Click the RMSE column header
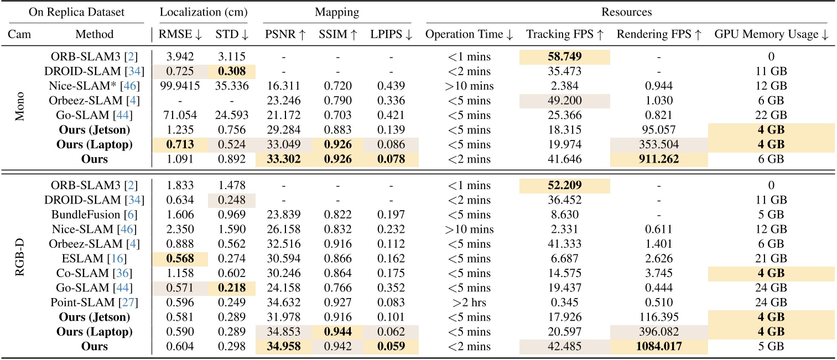[x=179, y=34]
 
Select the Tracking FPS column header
[x=564, y=34]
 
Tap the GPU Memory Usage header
[x=771, y=34]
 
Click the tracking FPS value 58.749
[x=564, y=57]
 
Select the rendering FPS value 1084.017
[x=658, y=346]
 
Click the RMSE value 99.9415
[x=179, y=86]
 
